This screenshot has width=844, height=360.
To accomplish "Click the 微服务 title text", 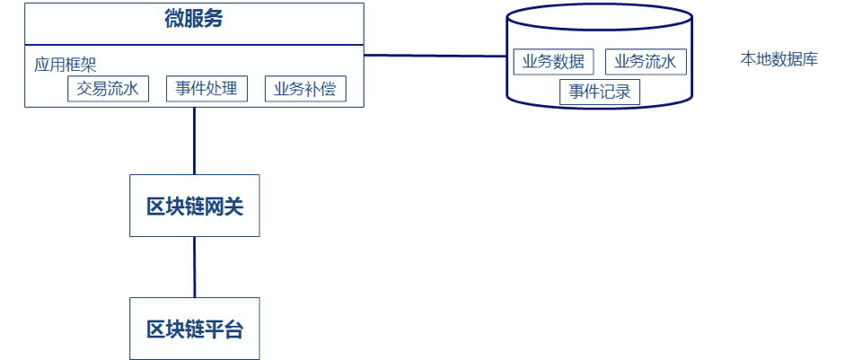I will (194, 20).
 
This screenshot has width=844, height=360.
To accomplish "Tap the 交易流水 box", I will (108, 89).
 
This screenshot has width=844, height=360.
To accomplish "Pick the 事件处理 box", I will (207, 89).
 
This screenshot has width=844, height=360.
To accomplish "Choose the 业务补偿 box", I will (305, 89).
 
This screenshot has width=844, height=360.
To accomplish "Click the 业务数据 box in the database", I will (553, 61).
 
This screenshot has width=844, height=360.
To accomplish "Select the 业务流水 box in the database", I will (646, 61).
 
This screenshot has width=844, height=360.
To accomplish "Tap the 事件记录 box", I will (599, 92).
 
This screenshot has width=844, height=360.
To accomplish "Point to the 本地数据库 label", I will (778, 60).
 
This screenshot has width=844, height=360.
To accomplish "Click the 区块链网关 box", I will (195, 206).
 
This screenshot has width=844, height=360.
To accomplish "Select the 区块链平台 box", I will (195, 329).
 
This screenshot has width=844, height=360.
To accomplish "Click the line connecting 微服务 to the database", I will (435, 56).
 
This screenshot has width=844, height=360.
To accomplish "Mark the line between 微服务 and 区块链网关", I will (195, 141).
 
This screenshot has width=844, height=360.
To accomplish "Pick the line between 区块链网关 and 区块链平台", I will (195, 267).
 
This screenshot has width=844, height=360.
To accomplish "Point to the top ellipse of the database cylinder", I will (599, 16).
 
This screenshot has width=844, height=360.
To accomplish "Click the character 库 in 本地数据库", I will (810, 60).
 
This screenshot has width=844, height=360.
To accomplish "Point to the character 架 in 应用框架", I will (89, 65).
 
